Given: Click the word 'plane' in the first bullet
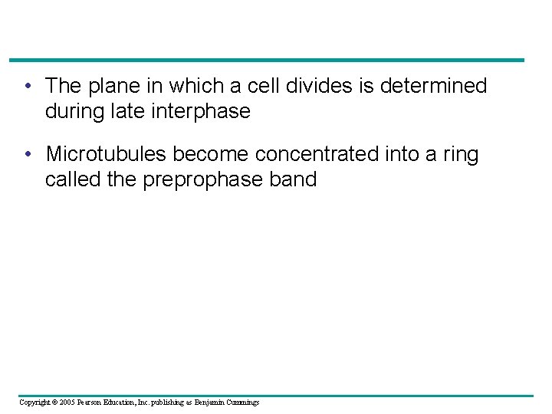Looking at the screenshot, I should point(116,87).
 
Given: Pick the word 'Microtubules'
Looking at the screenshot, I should point(107,154).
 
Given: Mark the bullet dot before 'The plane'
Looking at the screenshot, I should point(28,86).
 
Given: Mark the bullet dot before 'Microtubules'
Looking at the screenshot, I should point(28,154).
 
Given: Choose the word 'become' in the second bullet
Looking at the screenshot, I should point(212,154).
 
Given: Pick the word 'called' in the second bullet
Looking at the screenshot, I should point(68,179).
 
